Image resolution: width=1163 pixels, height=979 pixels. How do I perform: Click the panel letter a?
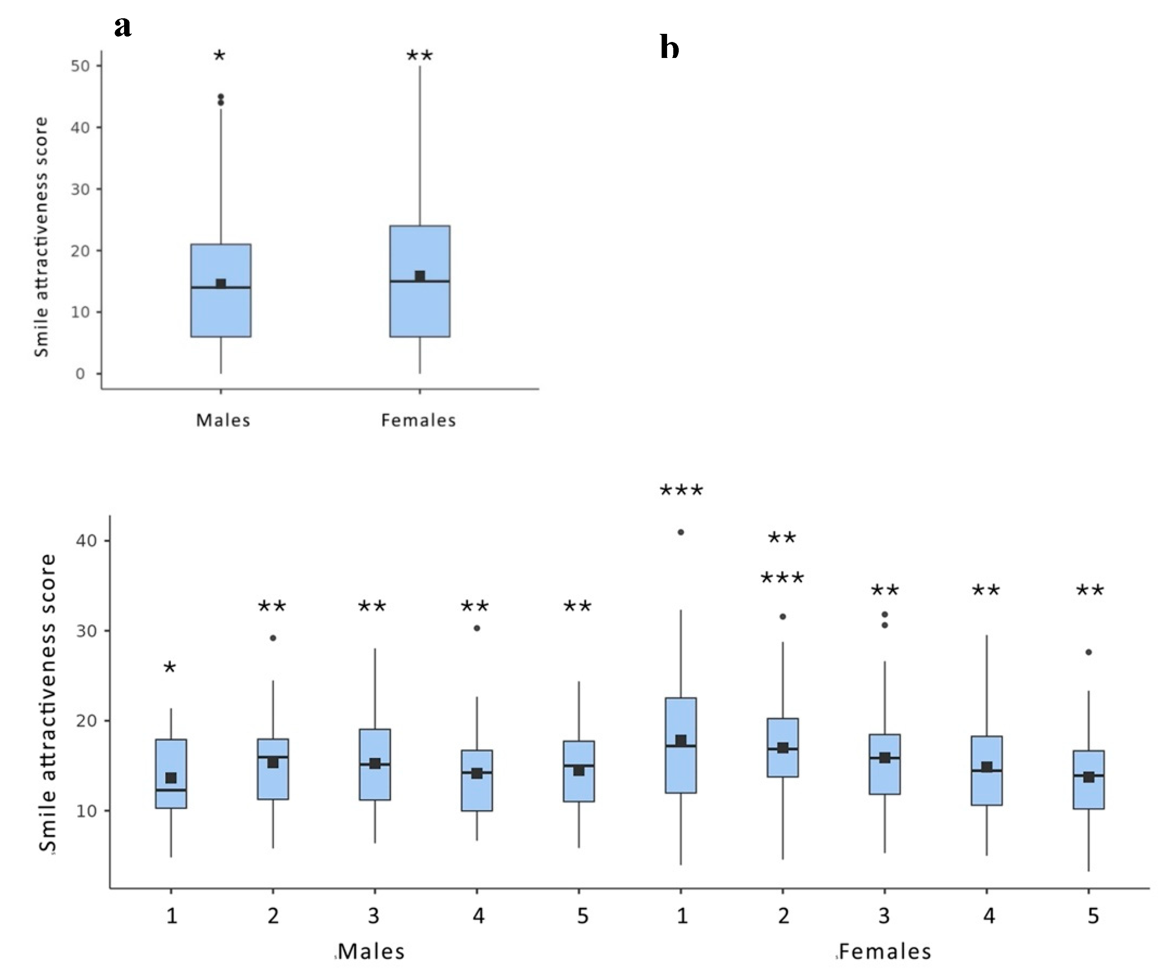(123, 26)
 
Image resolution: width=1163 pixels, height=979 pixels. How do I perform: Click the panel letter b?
(670, 48)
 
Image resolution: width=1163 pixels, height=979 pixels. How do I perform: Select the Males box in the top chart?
(221, 290)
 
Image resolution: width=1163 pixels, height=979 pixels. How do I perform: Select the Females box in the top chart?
(419, 281)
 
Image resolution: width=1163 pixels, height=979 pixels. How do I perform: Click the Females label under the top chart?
(419, 420)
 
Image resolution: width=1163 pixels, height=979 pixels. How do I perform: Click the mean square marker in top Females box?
(420, 276)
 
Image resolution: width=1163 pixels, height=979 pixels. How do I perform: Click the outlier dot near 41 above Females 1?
(681, 532)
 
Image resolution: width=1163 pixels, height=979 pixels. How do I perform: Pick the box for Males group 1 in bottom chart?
(171, 773)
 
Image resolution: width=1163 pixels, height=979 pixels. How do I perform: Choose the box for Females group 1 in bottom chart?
(681, 745)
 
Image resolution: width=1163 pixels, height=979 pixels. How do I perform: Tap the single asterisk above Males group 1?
(170, 668)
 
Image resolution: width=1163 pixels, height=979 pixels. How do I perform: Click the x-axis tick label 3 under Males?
(374, 916)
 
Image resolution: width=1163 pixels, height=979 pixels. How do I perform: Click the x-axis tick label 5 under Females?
(1093, 916)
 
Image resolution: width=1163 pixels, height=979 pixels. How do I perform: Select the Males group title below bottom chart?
(371, 952)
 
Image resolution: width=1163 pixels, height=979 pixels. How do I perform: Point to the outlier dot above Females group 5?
(1089, 652)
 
